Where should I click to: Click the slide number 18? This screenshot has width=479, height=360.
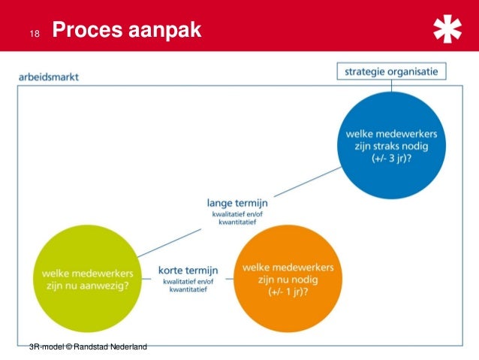tap(32, 34)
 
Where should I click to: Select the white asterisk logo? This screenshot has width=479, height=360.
tap(448, 31)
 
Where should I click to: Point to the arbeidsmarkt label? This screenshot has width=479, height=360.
tap(49, 77)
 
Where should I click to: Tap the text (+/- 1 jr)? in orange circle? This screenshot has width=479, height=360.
tap(288, 292)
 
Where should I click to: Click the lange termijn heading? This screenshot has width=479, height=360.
tap(237, 202)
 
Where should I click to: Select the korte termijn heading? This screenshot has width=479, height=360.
tap(188, 270)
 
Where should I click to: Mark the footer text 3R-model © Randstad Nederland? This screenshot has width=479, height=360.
tap(87, 346)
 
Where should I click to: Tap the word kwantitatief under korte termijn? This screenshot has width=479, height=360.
tap(188, 289)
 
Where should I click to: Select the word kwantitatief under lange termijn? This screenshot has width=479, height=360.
tap(237, 221)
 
